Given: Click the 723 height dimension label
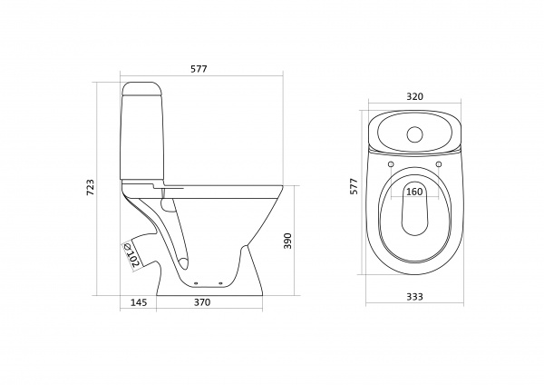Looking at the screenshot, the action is point(90,187).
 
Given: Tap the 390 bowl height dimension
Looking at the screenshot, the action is point(288,241).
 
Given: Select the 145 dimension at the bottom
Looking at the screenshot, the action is point(139,302).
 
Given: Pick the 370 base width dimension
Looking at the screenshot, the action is point(202,302).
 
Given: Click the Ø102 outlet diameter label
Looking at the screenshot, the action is point(132,254).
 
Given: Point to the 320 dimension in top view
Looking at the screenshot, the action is point(415,96).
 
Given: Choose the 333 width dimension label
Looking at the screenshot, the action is point(414,296).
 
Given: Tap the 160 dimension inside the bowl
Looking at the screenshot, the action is point(414,192).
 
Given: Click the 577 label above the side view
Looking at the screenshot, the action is point(199,69).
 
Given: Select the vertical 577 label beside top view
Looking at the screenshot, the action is point(354,186).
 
